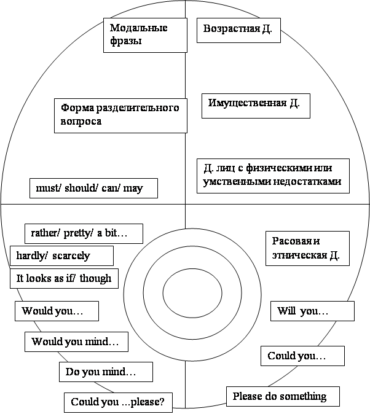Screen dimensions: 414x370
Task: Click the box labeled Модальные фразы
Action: click(x=145, y=34)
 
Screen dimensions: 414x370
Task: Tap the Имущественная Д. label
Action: click(x=256, y=105)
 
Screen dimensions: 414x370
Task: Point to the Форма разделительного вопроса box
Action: click(x=120, y=114)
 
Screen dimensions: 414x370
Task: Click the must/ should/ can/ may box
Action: click(x=93, y=188)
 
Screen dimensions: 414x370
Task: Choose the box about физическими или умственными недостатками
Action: click(x=273, y=176)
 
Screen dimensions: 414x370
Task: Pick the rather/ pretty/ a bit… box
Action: click(x=84, y=233)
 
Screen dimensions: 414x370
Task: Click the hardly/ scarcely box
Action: click(x=61, y=256)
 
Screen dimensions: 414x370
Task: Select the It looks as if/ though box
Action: click(x=64, y=278)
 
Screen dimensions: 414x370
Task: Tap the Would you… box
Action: click(x=57, y=311)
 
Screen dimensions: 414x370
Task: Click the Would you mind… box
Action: click(x=76, y=342)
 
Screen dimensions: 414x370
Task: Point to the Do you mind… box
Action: click(x=105, y=372)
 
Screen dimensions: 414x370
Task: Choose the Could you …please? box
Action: click(x=118, y=402)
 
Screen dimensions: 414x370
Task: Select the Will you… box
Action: click(x=312, y=311)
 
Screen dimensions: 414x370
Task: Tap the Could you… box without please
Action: click(x=302, y=356)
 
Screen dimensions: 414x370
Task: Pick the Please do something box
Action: click(x=283, y=396)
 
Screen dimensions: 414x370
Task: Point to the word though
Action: click(x=96, y=278)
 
